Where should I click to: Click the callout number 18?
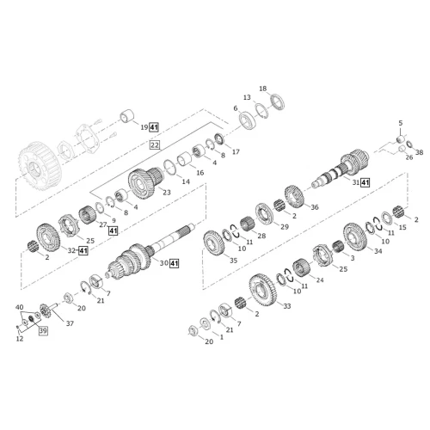click(x=263, y=89)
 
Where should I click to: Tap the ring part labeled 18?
click(x=278, y=101)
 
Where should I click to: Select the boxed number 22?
click(x=155, y=145)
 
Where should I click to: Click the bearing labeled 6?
click(x=248, y=120)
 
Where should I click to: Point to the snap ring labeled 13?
click(x=261, y=110)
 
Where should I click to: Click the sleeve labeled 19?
click(x=126, y=116)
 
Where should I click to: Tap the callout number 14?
click(x=186, y=181)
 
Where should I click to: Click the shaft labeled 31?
click(x=341, y=169)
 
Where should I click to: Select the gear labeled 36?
click(x=294, y=196)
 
